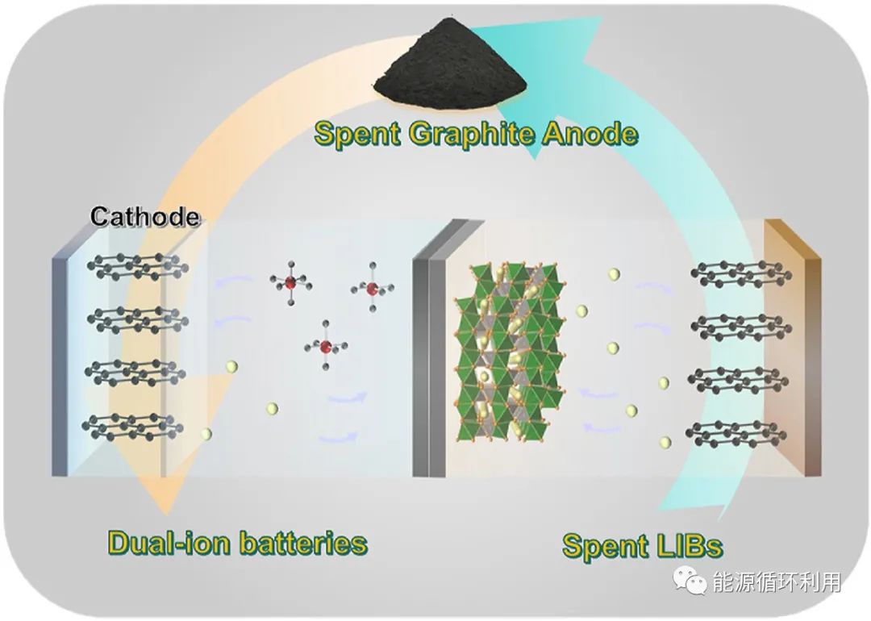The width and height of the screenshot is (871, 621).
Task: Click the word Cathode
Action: click(144, 216)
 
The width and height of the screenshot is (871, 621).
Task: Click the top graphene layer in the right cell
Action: click(738, 274)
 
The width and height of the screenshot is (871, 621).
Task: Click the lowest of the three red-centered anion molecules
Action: click(326, 347)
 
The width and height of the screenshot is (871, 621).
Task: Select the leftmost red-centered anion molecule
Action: click(290, 282)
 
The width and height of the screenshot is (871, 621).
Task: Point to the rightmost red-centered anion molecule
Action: click(372, 288)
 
